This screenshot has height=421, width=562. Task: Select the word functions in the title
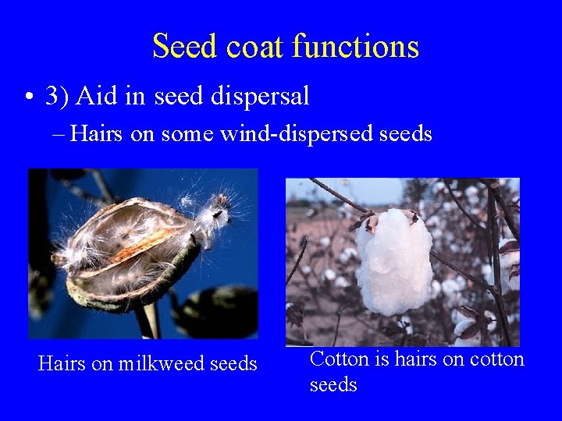click(x=356, y=47)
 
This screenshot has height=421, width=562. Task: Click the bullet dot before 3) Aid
click(x=28, y=97)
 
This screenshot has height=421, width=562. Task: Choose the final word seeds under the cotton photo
click(x=333, y=385)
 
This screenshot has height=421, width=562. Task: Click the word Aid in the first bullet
click(x=96, y=97)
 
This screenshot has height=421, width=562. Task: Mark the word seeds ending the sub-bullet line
click(x=405, y=134)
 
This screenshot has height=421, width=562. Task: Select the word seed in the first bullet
click(x=182, y=97)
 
